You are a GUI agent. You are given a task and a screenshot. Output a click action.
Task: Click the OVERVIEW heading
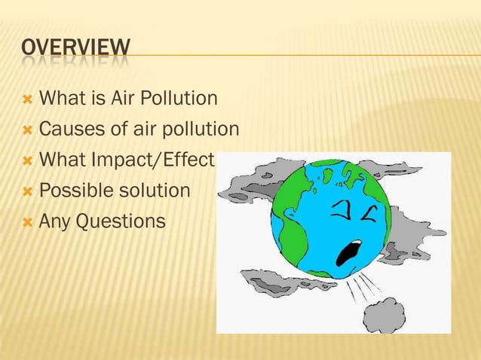click(x=75, y=50)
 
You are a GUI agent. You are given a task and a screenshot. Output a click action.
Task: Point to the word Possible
click(x=72, y=191)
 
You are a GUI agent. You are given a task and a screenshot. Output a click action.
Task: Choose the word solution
click(x=158, y=191)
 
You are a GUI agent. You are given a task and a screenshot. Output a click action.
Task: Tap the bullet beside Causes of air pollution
click(x=27, y=130)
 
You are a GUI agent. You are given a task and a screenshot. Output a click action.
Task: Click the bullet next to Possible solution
click(x=27, y=191)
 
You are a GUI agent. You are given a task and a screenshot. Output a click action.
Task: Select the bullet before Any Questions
click(x=27, y=222)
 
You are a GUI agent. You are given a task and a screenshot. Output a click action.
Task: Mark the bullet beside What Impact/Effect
click(x=27, y=161)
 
